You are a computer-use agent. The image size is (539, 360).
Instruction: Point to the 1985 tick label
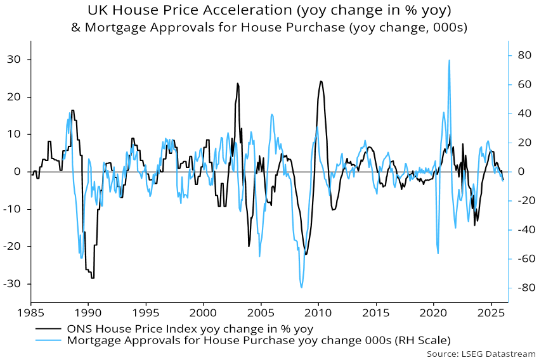tap(30, 312)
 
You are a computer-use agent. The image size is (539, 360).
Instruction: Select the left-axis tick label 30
tap(16, 60)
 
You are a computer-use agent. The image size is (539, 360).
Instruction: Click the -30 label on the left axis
tap(13, 284)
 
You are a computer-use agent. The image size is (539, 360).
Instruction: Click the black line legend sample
tap(49, 328)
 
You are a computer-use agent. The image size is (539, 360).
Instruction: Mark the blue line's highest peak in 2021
tap(449, 61)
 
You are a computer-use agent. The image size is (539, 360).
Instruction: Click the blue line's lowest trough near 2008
tap(301, 288)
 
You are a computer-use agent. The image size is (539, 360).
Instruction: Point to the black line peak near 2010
tap(321, 81)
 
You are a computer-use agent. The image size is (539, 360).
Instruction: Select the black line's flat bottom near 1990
tap(92, 278)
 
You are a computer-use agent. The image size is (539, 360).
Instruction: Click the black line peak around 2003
tap(238, 83)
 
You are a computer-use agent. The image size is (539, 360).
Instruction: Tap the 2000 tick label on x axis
tap(203, 312)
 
